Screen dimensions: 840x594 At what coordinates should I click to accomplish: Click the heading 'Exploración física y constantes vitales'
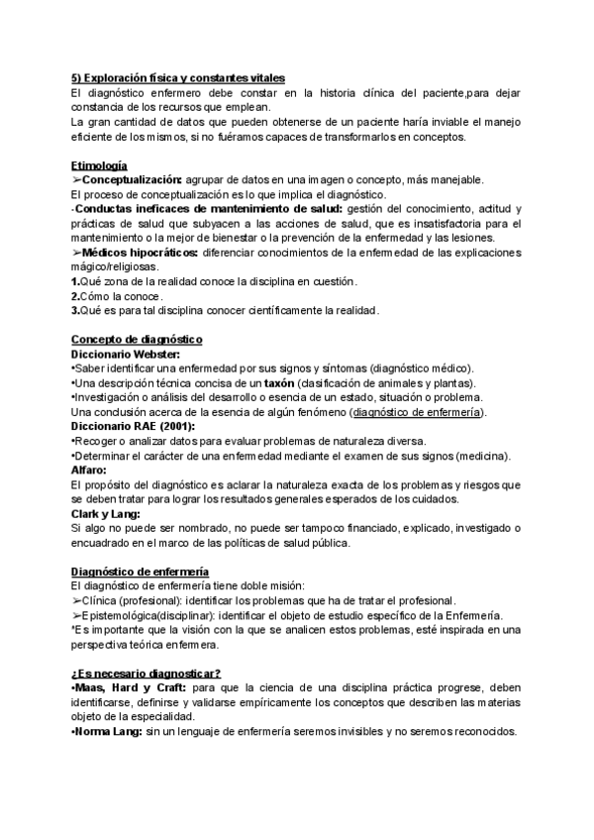pos(178,79)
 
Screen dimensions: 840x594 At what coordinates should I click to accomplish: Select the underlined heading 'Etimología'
pos(99,164)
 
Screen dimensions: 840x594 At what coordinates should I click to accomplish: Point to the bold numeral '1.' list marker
pos(76,281)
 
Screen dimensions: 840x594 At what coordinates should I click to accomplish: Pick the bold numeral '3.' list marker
pos(76,310)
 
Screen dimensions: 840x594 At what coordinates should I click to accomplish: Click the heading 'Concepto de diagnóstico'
pos(137,340)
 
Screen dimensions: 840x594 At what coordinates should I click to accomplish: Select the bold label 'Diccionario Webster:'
pos(125,354)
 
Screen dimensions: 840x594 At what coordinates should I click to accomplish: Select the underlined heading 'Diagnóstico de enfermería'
pos(140,572)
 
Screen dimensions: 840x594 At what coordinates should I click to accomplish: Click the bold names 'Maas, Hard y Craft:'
pos(128,688)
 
